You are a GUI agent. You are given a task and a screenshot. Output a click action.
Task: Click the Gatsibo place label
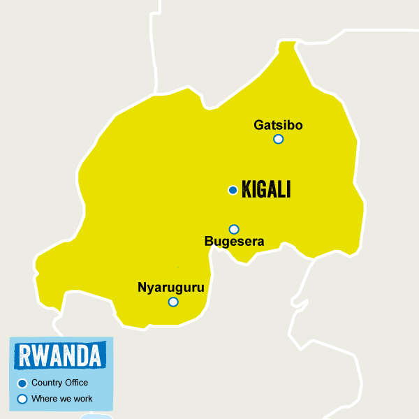(x=277, y=126)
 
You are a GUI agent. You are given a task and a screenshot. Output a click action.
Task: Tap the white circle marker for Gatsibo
(x=279, y=139)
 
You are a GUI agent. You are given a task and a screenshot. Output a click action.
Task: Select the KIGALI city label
(x=265, y=190)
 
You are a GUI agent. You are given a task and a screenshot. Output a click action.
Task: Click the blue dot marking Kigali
(x=233, y=190)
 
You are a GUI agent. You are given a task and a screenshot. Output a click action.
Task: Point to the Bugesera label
(x=234, y=242)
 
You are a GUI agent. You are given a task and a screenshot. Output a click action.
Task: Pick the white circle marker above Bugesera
(x=234, y=229)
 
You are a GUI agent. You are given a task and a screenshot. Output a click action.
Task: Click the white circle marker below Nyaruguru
(x=173, y=302)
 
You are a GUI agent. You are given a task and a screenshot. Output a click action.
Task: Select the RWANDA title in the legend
(x=60, y=355)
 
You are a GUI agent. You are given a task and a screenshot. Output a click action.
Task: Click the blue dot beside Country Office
(x=22, y=383)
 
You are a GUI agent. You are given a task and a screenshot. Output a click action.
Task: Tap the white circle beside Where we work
(x=22, y=399)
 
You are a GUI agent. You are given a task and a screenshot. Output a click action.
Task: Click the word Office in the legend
(x=75, y=383)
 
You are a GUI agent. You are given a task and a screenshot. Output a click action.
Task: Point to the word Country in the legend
(x=46, y=383)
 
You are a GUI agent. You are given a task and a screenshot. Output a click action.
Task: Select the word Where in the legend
(x=43, y=399)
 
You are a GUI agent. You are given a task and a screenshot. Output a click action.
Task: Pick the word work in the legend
(x=82, y=399)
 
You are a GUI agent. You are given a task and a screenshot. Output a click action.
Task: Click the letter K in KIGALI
(x=246, y=190)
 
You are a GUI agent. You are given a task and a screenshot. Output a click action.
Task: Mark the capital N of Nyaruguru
(x=142, y=287)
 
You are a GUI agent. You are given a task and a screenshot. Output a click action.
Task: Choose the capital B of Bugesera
(x=208, y=242)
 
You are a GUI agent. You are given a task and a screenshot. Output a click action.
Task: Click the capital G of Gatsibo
(x=258, y=126)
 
